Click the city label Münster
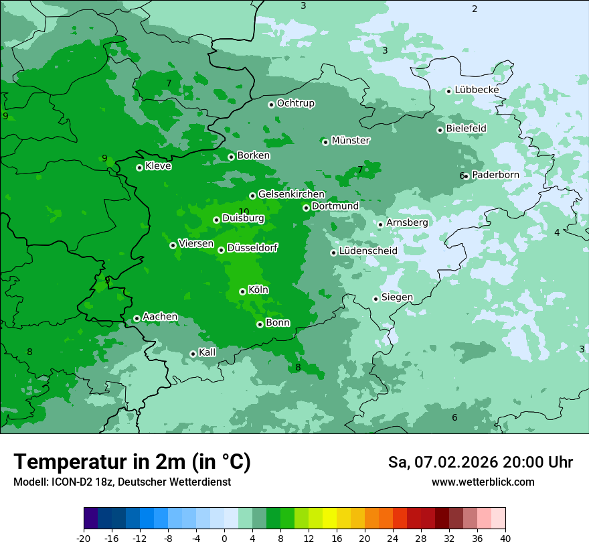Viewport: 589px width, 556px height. pyautogui.click(x=350, y=141)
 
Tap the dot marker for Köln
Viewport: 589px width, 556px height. pyautogui.click(x=242, y=291)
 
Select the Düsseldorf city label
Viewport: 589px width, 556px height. pyautogui.click(x=252, y=248)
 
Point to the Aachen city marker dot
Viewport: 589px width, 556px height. pyautogui.click(x=137, y=318)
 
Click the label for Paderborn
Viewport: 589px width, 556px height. pyautogui.click(x=495, y=175)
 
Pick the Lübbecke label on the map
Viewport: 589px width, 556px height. pyautogui.click(x=477, y=90)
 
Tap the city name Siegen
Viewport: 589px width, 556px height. pyautogui.click(x=397, y=297)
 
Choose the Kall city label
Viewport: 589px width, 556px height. pyautogui.click(x=207, y=352)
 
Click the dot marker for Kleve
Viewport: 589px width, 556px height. pyautogui.click(x=139, y=167)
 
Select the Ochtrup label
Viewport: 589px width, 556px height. pyautogui.click(x=295, y=103)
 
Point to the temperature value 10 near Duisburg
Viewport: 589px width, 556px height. pyautogui.click(x=244, y=212)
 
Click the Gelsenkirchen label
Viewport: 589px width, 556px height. pyautogui.click(x=291, y=194)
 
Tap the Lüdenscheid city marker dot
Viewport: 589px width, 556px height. pyautogui.click(x=333, y=253)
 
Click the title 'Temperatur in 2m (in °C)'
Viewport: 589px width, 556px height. pyautogui.click(x=132, y=462)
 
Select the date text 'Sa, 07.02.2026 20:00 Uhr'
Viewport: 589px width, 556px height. pyautogui.click(x=480, y=462)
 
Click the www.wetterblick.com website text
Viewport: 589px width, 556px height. pyautogui.click(x=483, y=482)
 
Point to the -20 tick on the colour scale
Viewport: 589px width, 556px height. pyautogui.click(x=84, y=538)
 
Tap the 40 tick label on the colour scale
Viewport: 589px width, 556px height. pyautogui.click(x=505, y=538)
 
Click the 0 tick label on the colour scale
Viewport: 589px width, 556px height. pyautogui.click(x=224, y=538)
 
